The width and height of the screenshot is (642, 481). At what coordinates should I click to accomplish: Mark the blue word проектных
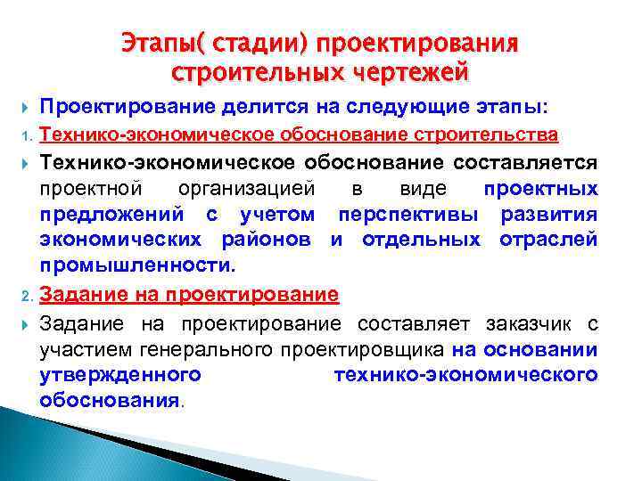540,189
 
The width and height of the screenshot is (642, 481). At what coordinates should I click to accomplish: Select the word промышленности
136,266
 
